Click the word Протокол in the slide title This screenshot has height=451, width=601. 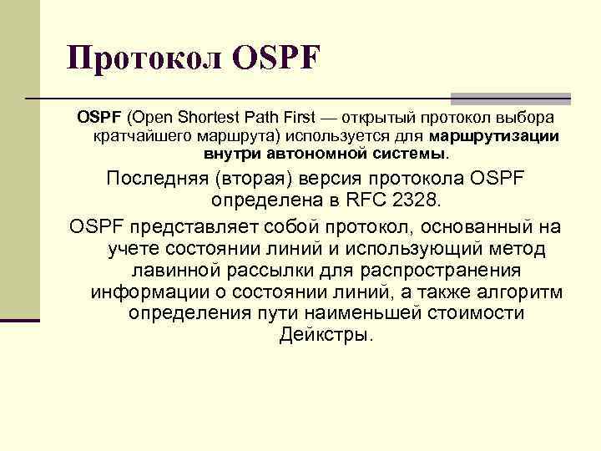tap(142, 59)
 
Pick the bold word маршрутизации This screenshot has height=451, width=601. tap(495, 135)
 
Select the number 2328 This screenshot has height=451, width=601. tap(419, 200)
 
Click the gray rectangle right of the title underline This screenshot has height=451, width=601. tap(510, 99)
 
